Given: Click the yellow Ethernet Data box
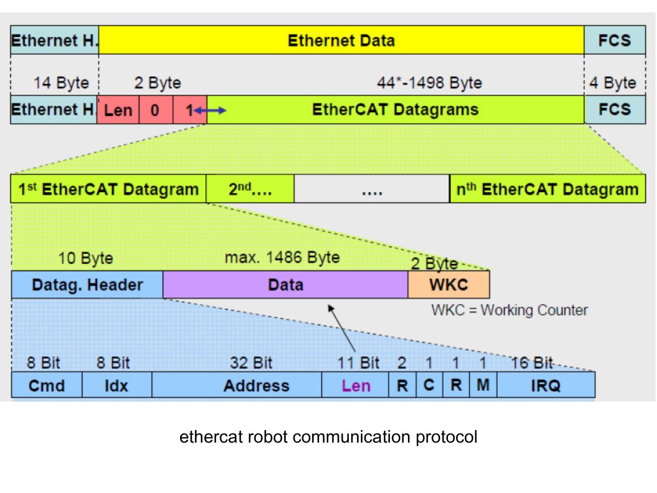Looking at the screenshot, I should [341, 41].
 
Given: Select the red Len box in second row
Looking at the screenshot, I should [118, 110].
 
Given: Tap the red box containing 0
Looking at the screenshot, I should [155, 110].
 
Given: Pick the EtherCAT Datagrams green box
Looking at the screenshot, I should [395, 110].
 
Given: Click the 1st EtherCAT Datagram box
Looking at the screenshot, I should [108, 190].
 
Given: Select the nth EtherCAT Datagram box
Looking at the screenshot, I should [547, 190].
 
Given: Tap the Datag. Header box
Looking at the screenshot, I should [87, 285].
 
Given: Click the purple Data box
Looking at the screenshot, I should [285, 285].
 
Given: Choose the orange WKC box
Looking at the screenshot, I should [448, 285].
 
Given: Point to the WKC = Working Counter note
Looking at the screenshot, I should [509, 310].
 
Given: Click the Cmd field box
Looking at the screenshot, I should [47, 385].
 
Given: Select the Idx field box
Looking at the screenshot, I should [117, 385].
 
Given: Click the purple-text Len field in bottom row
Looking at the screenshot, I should [355, 385].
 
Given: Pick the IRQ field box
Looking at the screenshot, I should [545, 385].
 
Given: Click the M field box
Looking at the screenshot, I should [483, 385].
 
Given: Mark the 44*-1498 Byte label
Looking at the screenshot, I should [429, 83].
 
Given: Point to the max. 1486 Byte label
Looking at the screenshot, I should [282, 257].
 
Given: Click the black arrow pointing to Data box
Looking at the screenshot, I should [342, 329].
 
